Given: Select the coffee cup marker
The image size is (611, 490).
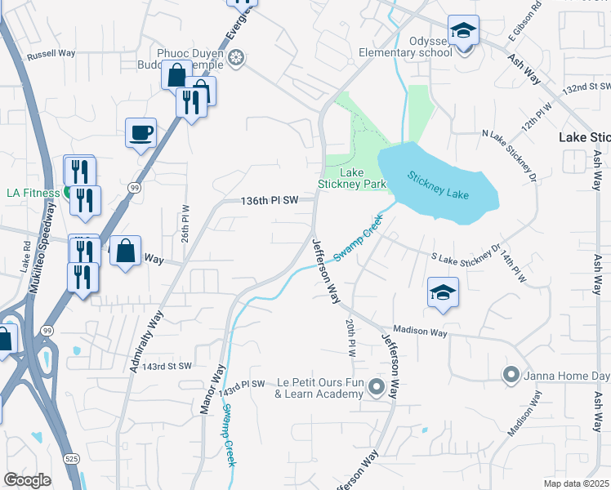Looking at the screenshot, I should pos(140,131).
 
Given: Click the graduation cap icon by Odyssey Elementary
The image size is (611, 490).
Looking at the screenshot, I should pos(464,32).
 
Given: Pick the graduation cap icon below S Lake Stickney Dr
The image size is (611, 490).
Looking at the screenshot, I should pos(442,292).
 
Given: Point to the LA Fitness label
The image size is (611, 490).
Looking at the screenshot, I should pos(33,193).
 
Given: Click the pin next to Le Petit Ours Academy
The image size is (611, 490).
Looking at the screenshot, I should pos(377,386).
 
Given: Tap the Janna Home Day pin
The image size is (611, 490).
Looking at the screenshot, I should pos(511,375).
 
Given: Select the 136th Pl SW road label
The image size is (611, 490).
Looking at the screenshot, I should pos(269,200).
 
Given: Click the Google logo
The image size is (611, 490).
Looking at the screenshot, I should pos(27,480).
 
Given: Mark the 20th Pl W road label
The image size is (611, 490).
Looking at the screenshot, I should pos(350,336).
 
